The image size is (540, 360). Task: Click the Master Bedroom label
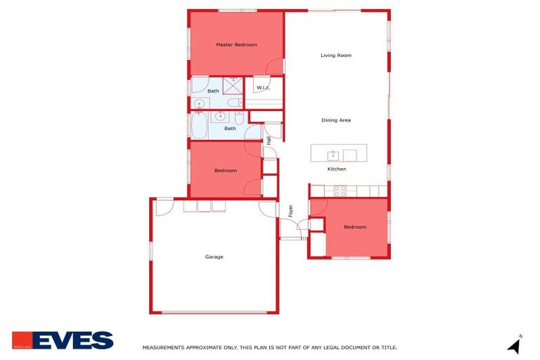point(236,45)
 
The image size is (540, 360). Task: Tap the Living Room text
point(335,56)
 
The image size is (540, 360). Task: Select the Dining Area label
point(335,120)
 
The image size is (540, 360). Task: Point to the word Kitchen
point(337,169)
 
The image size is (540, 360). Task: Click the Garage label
point(214,257)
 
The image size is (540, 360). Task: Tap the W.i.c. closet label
point(264,88)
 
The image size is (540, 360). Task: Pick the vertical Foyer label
point(290,210)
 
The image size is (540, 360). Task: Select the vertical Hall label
point(269,140)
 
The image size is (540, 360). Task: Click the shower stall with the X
point(233,85)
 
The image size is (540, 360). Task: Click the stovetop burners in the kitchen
point(340,191)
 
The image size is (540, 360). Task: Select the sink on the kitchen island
point(333,155)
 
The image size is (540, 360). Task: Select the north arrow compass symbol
point(515,345)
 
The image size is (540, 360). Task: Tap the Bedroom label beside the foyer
point(354,227)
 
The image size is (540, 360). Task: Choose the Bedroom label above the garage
point(225,171)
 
